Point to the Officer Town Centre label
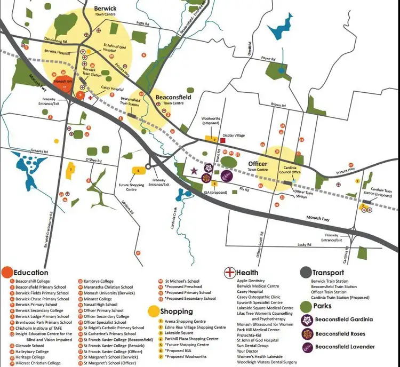[258, 166]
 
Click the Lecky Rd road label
[305, 245]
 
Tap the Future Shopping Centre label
[131, 187]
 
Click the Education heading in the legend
[31, 273]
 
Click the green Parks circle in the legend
[305, 306]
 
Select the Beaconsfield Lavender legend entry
[343, 347]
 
